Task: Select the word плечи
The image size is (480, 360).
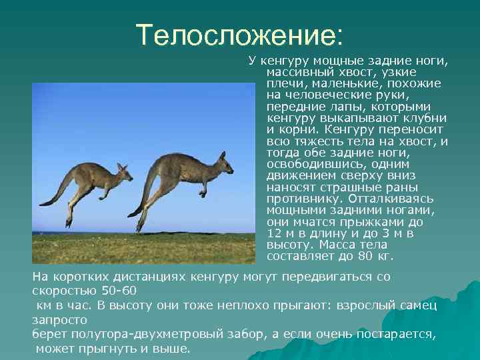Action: pos(283,83)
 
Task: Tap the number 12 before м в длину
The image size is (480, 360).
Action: pos(273,233)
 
